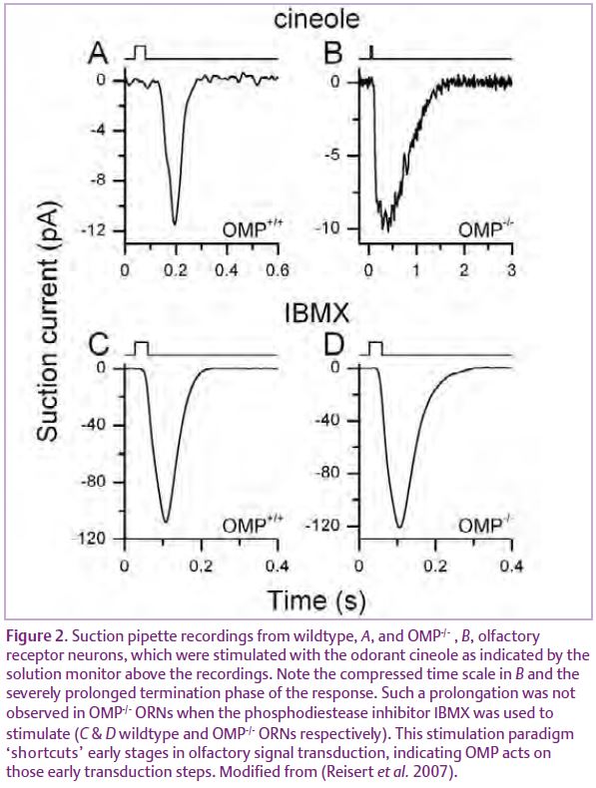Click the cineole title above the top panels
(316, 19)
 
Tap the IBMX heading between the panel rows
(316, 314)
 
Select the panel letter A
(98, 53)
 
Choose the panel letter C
(99, 345)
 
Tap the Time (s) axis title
(316, 601)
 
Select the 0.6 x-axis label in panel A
(279, 270)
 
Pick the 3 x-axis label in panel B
(511, 270)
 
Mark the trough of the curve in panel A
(175, 224)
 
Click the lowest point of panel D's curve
(399, 527)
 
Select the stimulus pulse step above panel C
(142, 348)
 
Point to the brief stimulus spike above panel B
(371, 52)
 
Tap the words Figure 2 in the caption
(36, 636)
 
